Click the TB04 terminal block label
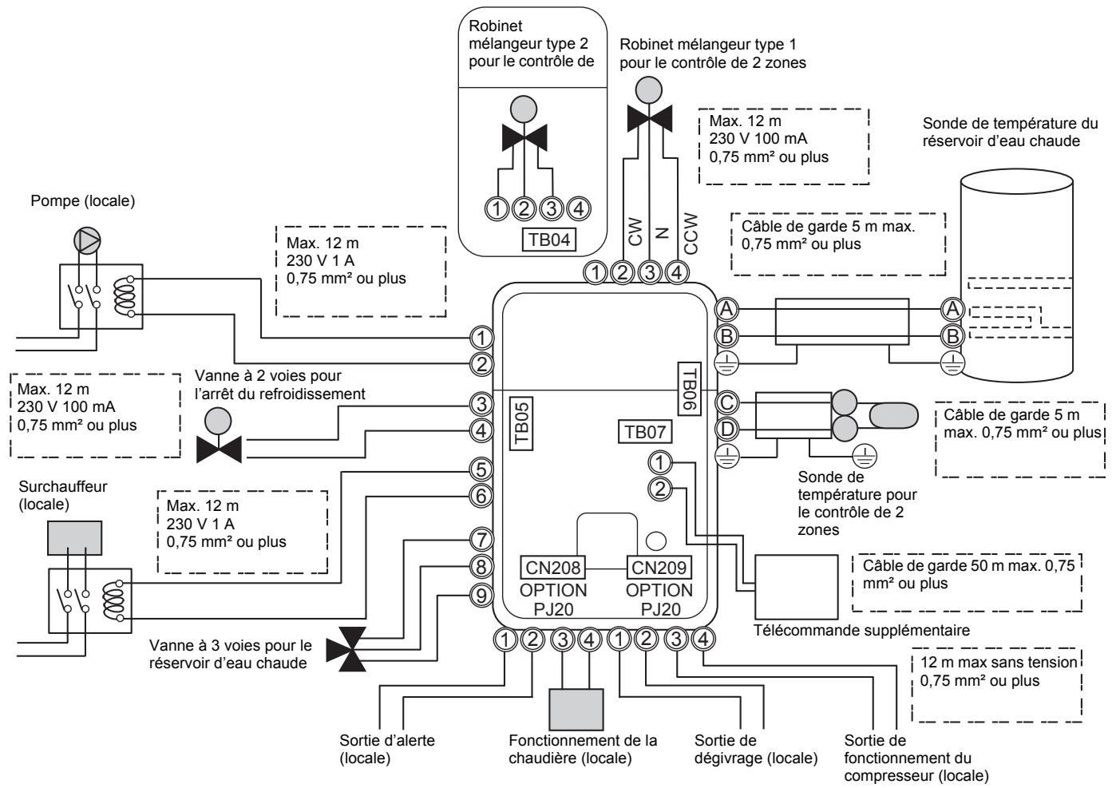[x=549, y=240]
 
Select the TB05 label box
[x=521, y=424]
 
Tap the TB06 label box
[x=690, y=389]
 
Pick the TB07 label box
[x=645, y=431]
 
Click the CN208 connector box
[x=552, y=567]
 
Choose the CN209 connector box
[x=659, y=567]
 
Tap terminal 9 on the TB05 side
[x=481, y=596]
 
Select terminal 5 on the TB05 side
[x=481, y=469]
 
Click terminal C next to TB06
[x=726, y=402]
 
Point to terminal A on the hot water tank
[x=952, y=309]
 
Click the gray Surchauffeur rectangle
[x=74, y=538]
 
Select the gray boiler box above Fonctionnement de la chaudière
[x=576, y=710]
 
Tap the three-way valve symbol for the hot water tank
[x=346, y=649]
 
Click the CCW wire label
[x=691, y=233]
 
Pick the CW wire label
[x=635, y=232]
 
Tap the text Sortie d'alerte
[x=386, y=740]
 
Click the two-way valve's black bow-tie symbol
[x=219, y=449]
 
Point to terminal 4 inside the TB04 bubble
[x=578, y=208]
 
